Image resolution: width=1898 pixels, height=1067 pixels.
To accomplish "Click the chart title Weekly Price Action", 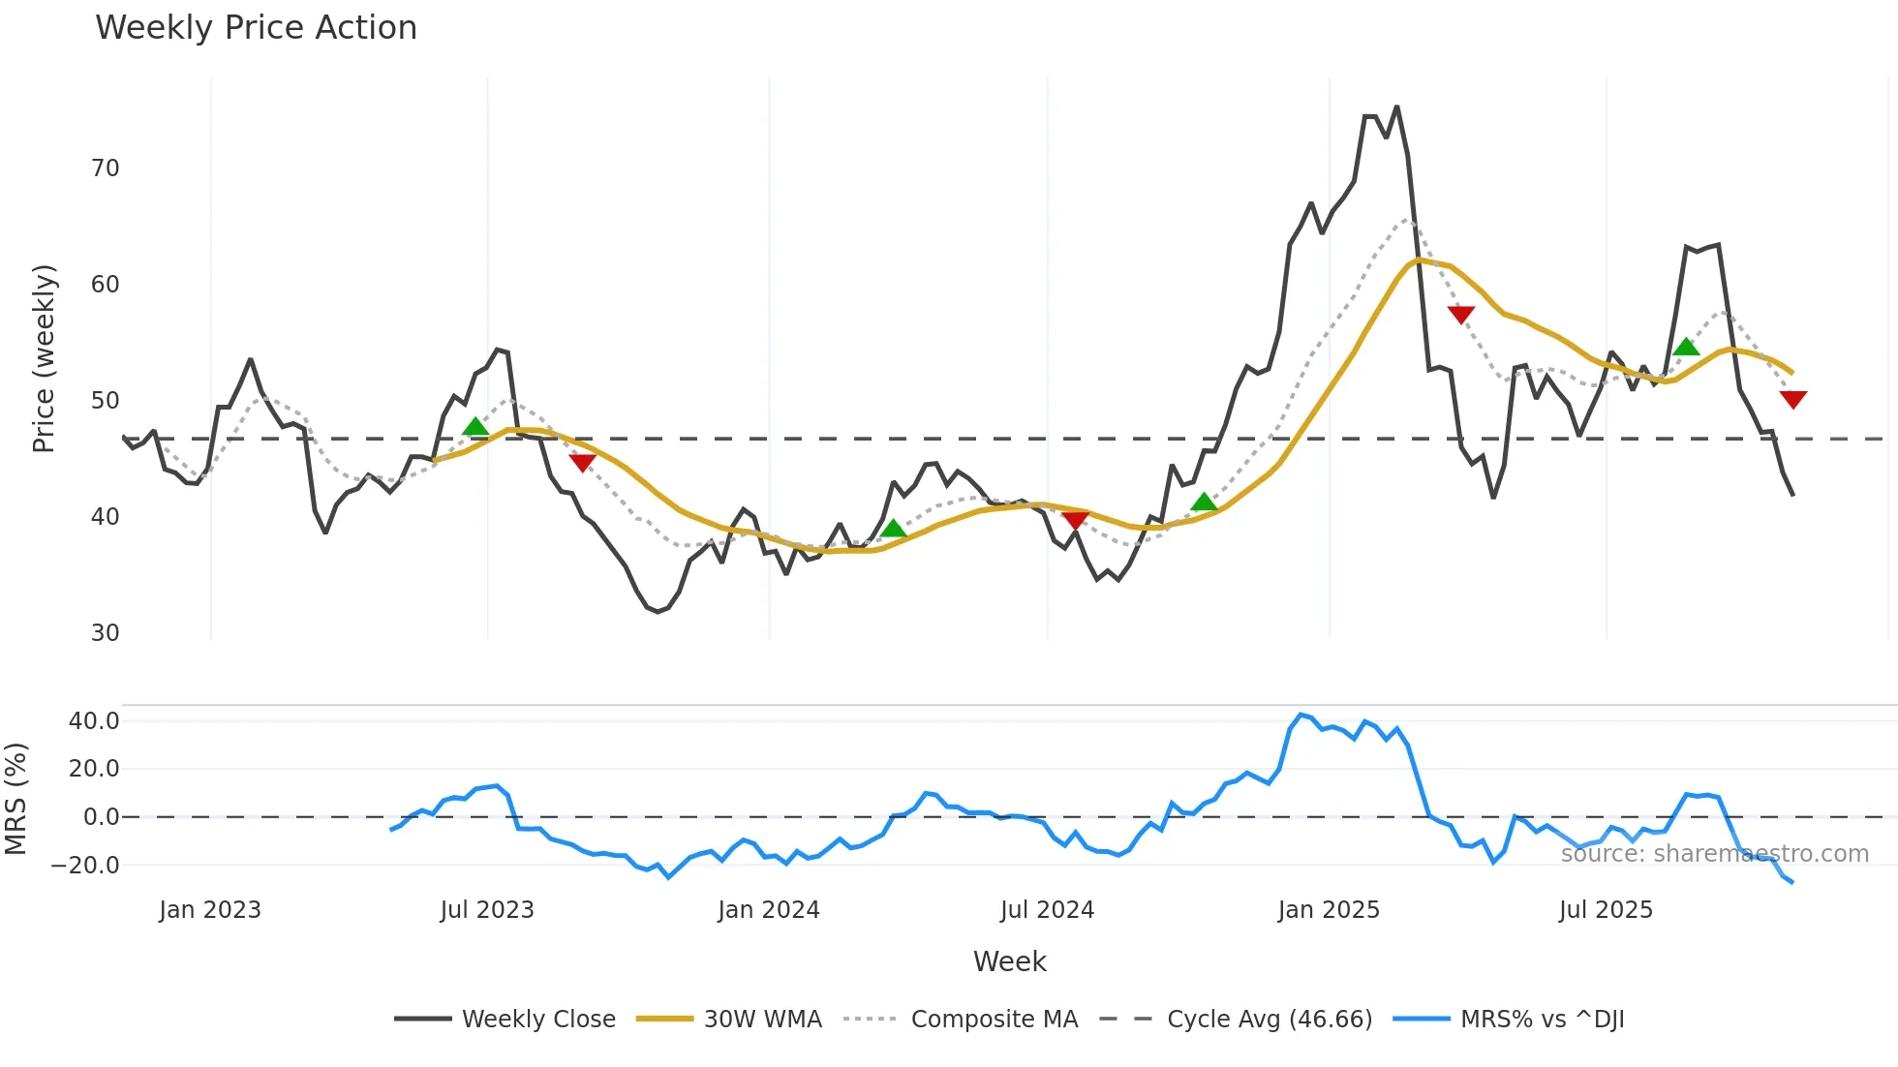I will [x=256, y=28].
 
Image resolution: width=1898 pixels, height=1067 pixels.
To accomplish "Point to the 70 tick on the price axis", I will [x=106, y=168].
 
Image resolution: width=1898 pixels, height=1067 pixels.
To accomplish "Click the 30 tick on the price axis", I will [x=106, y=633].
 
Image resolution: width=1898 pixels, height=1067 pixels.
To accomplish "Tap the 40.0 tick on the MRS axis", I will [x=94, y=721].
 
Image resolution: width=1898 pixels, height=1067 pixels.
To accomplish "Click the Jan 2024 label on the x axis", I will [x=769, y=910].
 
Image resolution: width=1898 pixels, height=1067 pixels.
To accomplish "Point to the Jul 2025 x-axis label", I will [x=1606, y=910].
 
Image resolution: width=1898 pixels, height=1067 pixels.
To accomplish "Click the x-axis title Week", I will [x=1009, y=961].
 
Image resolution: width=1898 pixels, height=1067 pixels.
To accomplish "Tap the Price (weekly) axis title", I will [x=45, y=358].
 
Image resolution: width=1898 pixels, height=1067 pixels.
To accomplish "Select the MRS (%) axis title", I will [x=15, y=799].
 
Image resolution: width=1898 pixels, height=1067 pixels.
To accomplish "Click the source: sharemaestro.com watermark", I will [x=1714, y=854].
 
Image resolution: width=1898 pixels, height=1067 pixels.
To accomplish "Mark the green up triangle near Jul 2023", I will [x=475, y=427].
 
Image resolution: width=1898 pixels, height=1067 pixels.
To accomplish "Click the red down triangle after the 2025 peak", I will [x=1460, y=315].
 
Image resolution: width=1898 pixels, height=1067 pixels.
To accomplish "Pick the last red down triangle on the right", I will [x=1792, y=399].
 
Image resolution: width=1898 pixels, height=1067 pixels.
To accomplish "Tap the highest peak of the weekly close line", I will [x=1396, y=107].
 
